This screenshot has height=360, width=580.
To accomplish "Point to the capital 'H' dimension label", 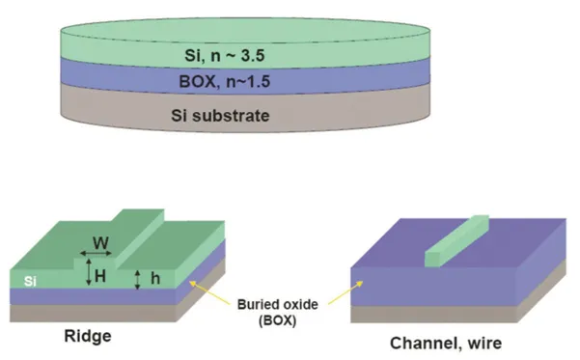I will (100, 276).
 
